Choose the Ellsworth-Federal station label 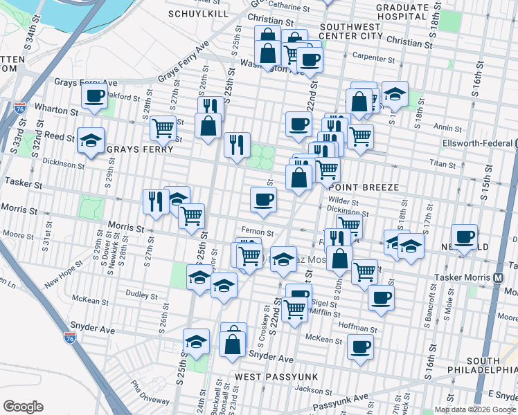point(477,144)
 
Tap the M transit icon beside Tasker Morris point(498,277)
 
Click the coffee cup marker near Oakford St point(93,97)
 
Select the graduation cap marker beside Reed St point(91,141)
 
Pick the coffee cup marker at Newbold point(464,237)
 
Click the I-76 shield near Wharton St point(19,108)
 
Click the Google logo point(23,407)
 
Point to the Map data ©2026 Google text point(474,409)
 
